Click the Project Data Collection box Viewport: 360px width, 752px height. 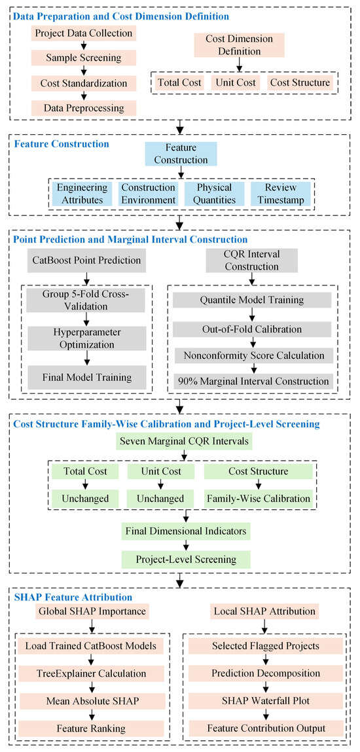click(84, 33)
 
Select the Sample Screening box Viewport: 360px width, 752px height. click(84, 58)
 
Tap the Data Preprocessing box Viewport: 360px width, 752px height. click(84, 107)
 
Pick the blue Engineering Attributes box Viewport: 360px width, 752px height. click(81, 194)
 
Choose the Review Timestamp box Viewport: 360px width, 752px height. click(279, 194)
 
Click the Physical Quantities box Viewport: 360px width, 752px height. click(213, 194)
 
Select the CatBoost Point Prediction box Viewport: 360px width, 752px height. click(86, 261)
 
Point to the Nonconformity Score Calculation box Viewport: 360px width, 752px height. click(251, 356)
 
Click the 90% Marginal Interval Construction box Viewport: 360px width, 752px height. click(251, 382)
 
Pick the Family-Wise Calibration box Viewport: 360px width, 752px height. click(259, 498)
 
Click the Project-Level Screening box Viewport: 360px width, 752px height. click(185, 559)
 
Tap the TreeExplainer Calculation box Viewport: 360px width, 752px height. click(90, 672)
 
